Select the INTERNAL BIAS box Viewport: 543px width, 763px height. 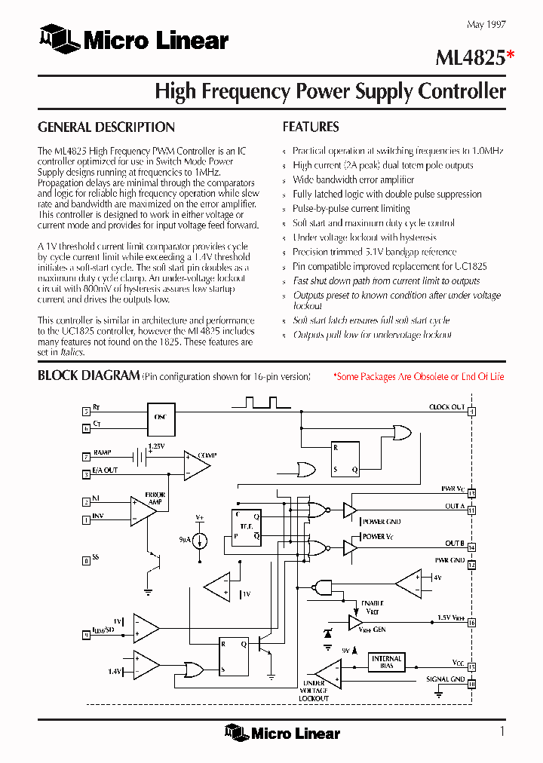pos(386,663)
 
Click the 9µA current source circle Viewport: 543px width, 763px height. pos(200,541)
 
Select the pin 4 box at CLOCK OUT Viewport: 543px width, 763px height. pos(471,412)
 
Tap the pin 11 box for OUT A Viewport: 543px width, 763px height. pos(471,510)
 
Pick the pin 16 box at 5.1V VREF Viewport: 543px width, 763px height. pos(471,623)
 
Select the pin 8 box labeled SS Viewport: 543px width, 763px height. pos(86,560)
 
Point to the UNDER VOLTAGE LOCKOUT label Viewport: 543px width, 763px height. pos(314,691)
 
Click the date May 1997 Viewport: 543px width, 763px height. pos(486,25)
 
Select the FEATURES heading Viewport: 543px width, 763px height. pos(311,127)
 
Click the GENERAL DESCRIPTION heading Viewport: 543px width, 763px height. pos(106,127)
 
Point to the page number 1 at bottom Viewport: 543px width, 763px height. pos(502,731)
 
